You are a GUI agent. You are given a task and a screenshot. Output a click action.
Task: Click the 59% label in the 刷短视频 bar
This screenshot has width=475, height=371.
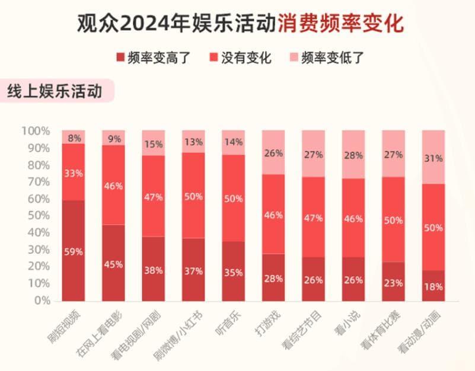pos(74,251)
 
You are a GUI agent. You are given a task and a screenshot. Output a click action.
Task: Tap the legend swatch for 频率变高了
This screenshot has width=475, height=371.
pos(120,57)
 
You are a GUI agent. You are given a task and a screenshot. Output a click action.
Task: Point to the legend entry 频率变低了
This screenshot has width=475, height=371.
pos(331,57)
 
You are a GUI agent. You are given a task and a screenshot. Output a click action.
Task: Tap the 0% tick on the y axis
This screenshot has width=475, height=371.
pos(41,300)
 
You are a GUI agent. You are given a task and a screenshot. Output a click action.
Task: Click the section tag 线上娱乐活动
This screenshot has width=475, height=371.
pos(54,92)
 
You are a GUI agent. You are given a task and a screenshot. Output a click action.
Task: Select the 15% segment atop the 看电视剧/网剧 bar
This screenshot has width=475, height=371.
pos(154,143)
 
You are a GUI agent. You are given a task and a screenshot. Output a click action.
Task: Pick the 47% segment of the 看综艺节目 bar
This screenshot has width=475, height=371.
pos(314,218)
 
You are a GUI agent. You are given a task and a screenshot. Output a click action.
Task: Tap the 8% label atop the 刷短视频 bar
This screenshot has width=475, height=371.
pos(74,138)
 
